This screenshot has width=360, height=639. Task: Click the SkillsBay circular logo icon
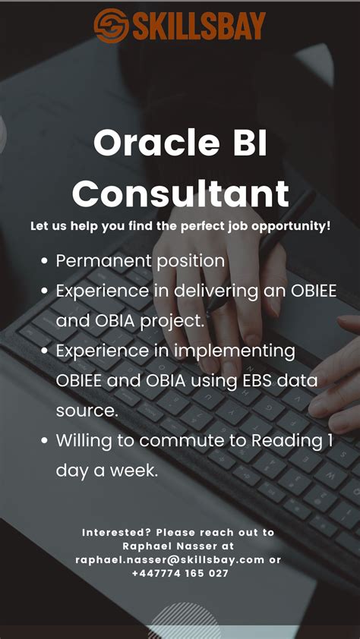coord(111,25)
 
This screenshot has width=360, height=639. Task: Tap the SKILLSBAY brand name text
coord(198,26)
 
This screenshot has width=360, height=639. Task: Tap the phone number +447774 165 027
coord(180,573)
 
